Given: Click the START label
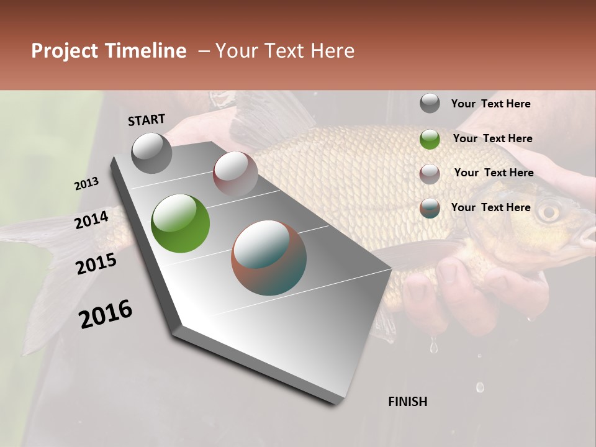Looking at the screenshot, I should pyautogui.click(x=147, y=120).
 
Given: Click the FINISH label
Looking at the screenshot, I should pyautogui.click(x=407, y=402).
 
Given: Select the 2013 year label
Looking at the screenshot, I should pyautogui.click(x=87, y=184).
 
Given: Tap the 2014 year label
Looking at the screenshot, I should pyautogui.click(x=92, y=220).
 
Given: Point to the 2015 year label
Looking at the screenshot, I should pyautogui.click(x=96, y=264).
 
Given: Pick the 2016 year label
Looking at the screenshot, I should pyautogui.click(x=106, y=314).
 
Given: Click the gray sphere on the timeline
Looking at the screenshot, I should pyautogui.click(x=151, y=153).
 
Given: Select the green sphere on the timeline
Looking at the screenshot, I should pyautogui.click(x=180, y=223).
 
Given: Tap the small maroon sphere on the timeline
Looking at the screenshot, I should pyautogui.click(x=235, y=173).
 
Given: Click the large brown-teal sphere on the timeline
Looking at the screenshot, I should pyautogui.click(x=269, y=258).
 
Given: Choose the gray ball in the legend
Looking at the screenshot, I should pyautogui.click(x=430, y=104).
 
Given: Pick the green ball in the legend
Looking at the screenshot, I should pyautogui.click(x=430, y=139).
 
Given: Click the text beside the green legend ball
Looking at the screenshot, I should pyautogui.click(x=492, y=138).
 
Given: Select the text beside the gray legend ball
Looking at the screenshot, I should pyautogui.click(x=490, y=104).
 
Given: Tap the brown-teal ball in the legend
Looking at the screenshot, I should pyautogui.click(x=430, y=208).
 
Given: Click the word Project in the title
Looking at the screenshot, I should pyautogui.click(x=63, y=51).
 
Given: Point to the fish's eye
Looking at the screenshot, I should pyautogui.click(x=549, y=213).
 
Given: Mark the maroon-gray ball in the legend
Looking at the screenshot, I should pyautogui.click(x=430, y=174).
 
